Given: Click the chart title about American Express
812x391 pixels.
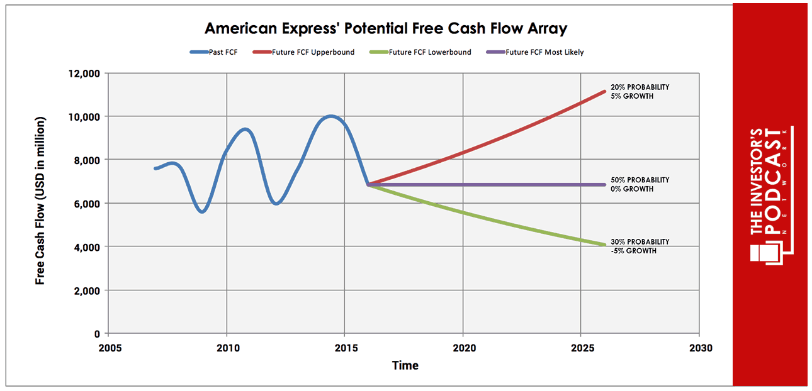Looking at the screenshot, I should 386,28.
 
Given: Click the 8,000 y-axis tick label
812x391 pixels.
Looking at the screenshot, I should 86,160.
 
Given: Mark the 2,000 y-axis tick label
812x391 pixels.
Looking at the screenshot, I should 86,290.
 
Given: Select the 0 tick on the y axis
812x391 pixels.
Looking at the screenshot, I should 97,334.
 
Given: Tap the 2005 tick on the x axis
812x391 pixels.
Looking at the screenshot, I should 108,348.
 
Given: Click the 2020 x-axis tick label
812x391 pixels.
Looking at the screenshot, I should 463,348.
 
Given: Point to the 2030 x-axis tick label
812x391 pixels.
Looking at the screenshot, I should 699,348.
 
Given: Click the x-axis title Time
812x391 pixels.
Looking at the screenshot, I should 405,365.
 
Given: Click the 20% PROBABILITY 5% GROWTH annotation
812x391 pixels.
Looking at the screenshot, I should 640,92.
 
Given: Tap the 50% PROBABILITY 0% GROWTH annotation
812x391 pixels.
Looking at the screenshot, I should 640,184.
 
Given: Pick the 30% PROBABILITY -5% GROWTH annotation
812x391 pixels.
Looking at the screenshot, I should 640,246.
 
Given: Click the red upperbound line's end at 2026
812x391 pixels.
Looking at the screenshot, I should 604,92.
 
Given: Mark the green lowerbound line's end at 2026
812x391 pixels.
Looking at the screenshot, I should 604,245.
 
